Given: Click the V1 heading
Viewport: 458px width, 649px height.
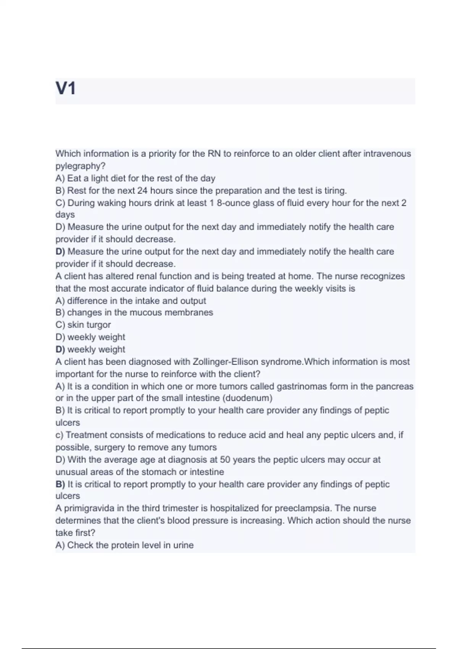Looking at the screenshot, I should [x=66, y=89].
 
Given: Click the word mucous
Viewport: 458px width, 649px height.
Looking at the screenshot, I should [x=146, y=313].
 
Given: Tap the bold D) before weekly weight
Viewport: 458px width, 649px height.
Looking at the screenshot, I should [x=60, y=349].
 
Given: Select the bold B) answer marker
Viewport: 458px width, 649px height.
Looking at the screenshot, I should [x=60, y=484].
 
